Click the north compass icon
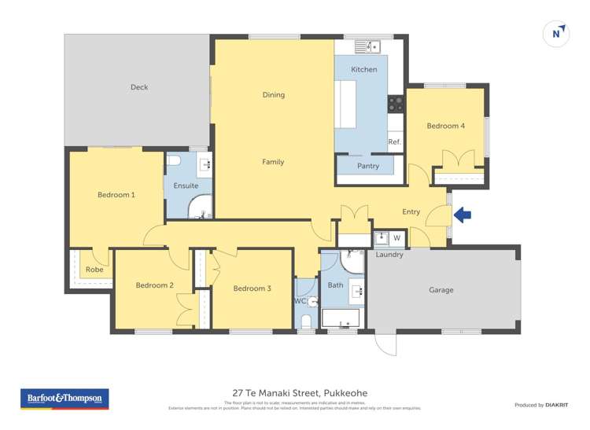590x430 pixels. [x=556, y=34]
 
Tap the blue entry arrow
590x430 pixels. [x=462, y=214]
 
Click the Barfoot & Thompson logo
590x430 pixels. [x=65, y=399]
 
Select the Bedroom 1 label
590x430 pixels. [x=116, y=194]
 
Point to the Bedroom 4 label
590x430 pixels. [x=445, y=126]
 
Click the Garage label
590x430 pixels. [x=441, y=290]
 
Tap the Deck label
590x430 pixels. [x=138, y=87]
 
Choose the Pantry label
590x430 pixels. [x=367, y=166]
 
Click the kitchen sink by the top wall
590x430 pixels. [x=367, y=46]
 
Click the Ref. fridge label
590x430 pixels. [x=394, y=142]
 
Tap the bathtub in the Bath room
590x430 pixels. [x=341, y=318]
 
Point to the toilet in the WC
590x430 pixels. [x=307, y=321]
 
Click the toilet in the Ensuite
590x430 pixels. [x=175, y=160]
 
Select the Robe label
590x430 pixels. [x=94, y=270]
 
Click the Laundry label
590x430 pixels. [x=389, y=255]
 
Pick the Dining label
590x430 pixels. [x=273, y=95]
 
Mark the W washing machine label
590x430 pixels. [x=396, y=237]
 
